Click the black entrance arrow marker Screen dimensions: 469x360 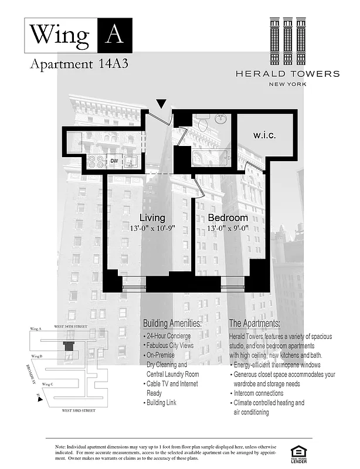tap(162, 104)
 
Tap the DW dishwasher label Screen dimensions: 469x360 tap(114, 161)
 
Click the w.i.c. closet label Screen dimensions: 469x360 tap(264, 135)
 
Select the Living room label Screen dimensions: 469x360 tap(152, 218)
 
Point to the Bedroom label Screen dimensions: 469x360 tap(229, 218)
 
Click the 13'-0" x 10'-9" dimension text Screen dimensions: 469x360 tap(151, 229)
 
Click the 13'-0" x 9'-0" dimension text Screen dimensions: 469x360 tap(229, 229)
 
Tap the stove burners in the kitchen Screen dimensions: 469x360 tap(96, 161)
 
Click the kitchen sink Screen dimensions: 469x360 tap(132, 161)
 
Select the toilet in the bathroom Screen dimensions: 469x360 tap(203, 124)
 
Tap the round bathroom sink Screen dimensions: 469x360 tap(222, 120)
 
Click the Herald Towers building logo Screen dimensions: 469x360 tap(287, 41)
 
